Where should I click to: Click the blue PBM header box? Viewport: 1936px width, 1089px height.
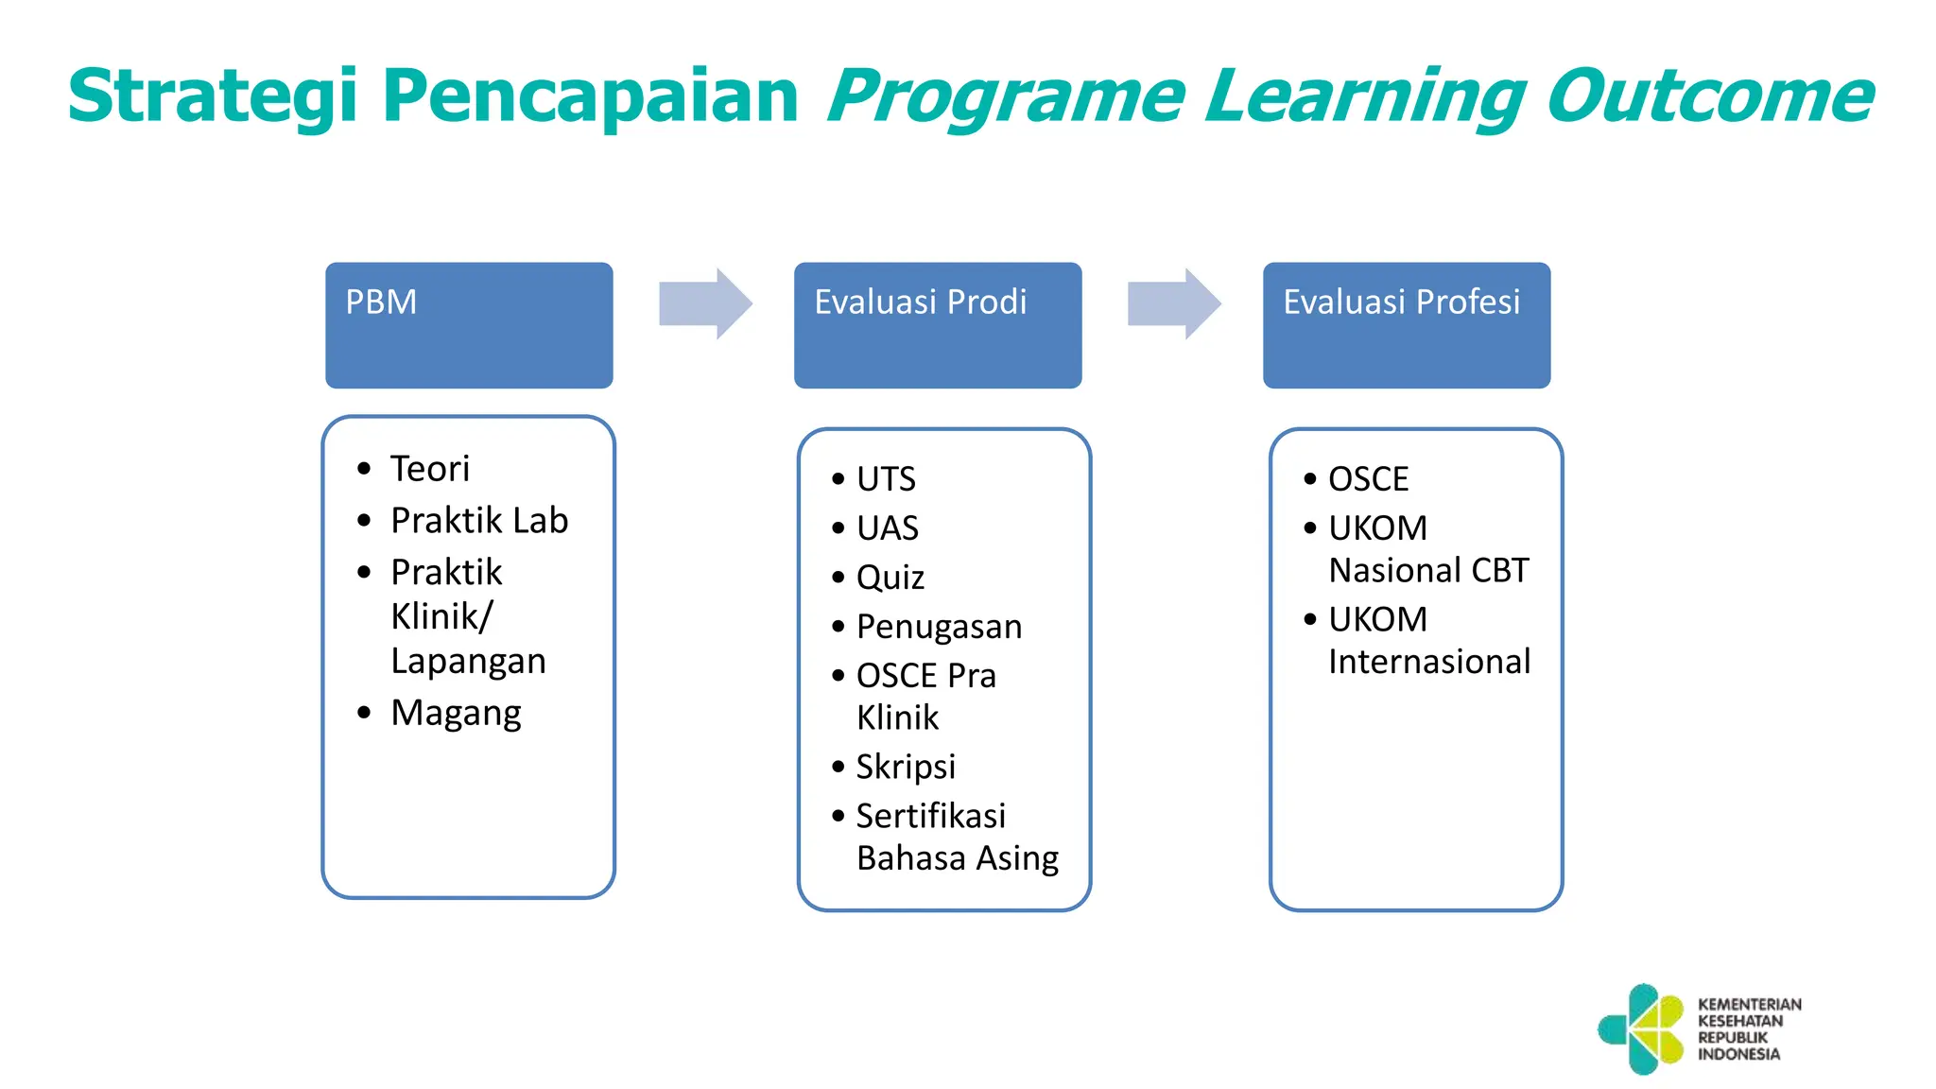[x=469, y=325]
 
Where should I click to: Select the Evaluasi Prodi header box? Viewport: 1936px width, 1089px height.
[x=937, y=325]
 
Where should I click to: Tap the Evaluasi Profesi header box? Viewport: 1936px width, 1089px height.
[x=1406, y=325]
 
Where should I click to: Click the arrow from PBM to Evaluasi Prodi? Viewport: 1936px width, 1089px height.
[x=705, y=303]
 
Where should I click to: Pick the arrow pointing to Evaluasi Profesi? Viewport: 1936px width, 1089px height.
[x=1173, y=303]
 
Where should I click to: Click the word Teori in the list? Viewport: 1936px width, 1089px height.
[x=430, y=469]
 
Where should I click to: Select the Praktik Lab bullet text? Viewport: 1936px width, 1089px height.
[x=479, y=521]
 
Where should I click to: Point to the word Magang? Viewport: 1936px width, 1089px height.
[x=456, y=713]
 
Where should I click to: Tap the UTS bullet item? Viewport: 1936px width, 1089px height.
[x=886, y=479]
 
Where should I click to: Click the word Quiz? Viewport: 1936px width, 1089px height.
[x=890, y=578]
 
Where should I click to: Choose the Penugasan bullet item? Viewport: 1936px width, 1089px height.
[x=939, y=627]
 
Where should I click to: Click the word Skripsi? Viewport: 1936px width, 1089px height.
[x=906, y=767]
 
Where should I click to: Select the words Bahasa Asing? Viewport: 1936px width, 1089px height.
[x=957, y=858]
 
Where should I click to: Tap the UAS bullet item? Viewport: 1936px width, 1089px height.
[x=887, y=528]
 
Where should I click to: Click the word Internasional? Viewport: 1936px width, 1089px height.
[x=1428, y=662]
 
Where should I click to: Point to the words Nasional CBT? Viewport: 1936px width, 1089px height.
[x=1427, y=571]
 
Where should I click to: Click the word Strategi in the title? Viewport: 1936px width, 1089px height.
[x=213, y=96]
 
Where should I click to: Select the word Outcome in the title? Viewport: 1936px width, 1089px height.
[x=1709, y=96]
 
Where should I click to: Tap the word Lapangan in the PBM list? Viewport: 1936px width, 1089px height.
[x=468, y=661]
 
